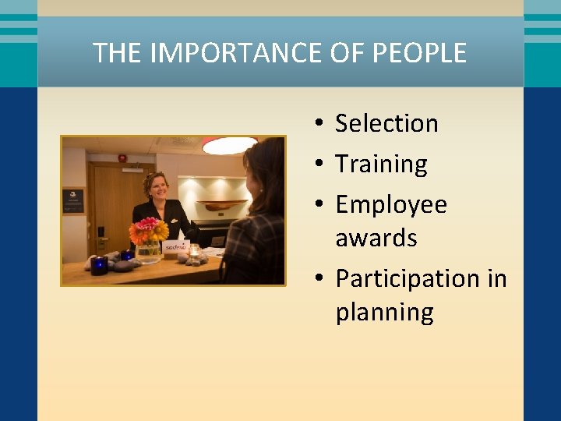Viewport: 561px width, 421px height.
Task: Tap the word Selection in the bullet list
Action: coord(386,123)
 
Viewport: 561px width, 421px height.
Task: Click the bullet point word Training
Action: coord(381,165)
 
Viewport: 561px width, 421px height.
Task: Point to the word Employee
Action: coord(391,204)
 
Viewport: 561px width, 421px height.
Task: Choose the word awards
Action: coord(376,238)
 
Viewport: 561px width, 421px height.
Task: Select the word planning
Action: coord(384,312)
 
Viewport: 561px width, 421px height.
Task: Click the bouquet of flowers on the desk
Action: coord(148,231)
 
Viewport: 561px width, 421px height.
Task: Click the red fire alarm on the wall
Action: coord(122,158)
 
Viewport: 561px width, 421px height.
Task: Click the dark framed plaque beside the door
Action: coord(73,200)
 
